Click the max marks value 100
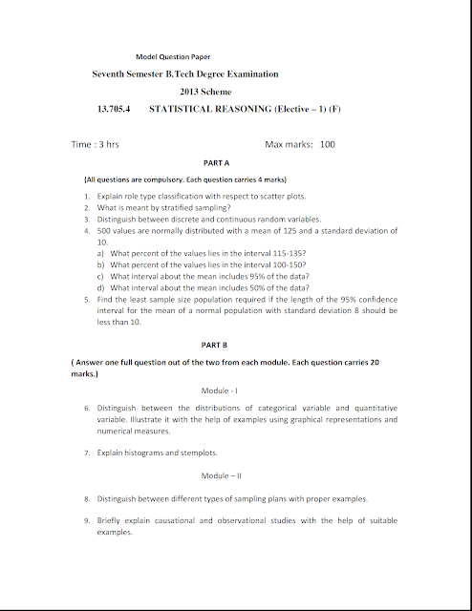coord(328,144)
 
